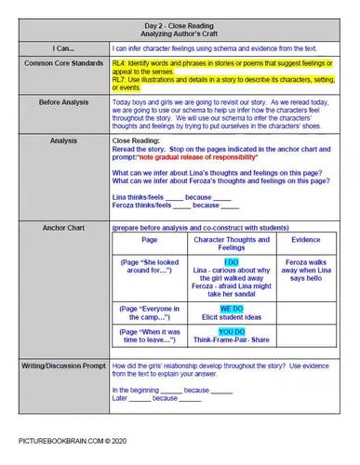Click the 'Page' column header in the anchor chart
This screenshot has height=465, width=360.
149,241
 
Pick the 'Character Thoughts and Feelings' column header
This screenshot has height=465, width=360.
231,245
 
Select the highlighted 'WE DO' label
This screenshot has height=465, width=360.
231,308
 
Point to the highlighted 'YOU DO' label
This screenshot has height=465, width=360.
231,331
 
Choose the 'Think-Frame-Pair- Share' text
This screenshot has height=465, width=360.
231,339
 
